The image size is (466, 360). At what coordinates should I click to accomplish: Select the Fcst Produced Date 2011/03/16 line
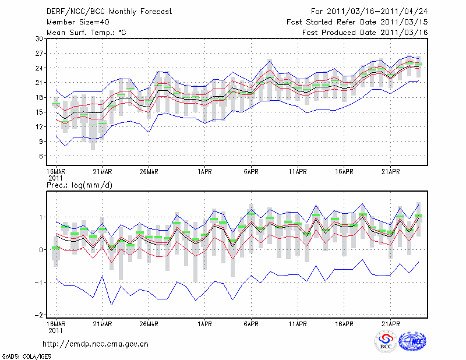[x=365, y=32]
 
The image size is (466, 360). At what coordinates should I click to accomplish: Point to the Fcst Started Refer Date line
[x=357, y=22]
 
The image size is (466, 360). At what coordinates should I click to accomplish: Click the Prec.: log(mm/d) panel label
[x=81, y=185]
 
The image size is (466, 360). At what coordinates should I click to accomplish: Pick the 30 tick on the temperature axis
[x=40, y=38]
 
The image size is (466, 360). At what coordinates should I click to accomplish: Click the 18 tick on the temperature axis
[x=40, y=97]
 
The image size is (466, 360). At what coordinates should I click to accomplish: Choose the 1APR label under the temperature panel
[x=204, y=172]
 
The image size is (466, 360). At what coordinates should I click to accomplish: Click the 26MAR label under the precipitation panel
[x=149, y=322]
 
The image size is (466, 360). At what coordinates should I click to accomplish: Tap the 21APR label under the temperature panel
[x=390, y=172]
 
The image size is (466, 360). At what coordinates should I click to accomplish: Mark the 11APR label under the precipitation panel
[x=297, y=322]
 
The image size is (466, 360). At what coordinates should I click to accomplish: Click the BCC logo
[x=386, y=341]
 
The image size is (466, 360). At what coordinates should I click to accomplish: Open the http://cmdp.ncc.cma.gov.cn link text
[x=96, y=344]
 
